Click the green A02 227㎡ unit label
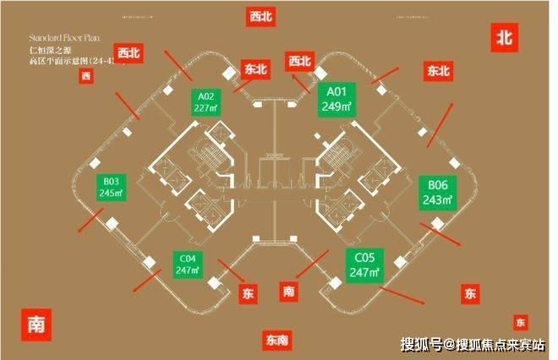coord(203,101)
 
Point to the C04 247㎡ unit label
coord(188,265)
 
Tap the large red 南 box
coord(36,324)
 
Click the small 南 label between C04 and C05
coord(289,292)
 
